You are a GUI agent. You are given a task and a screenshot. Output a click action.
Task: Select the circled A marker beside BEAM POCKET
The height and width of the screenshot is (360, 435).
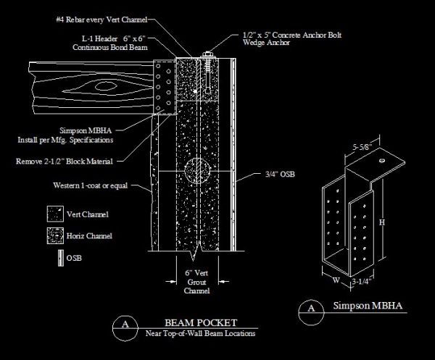[x=125, y=327]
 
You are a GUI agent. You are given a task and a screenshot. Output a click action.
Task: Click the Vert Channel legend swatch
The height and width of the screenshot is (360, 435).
[x=53, y=214]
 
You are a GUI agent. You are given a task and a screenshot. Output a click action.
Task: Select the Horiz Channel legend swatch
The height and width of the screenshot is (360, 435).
[x=53, y=235]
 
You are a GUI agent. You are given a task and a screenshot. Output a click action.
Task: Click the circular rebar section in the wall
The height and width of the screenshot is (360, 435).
[x=196, y=172]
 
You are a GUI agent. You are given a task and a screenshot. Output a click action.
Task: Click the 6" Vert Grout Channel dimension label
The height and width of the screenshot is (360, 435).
[x=196, y=279]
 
